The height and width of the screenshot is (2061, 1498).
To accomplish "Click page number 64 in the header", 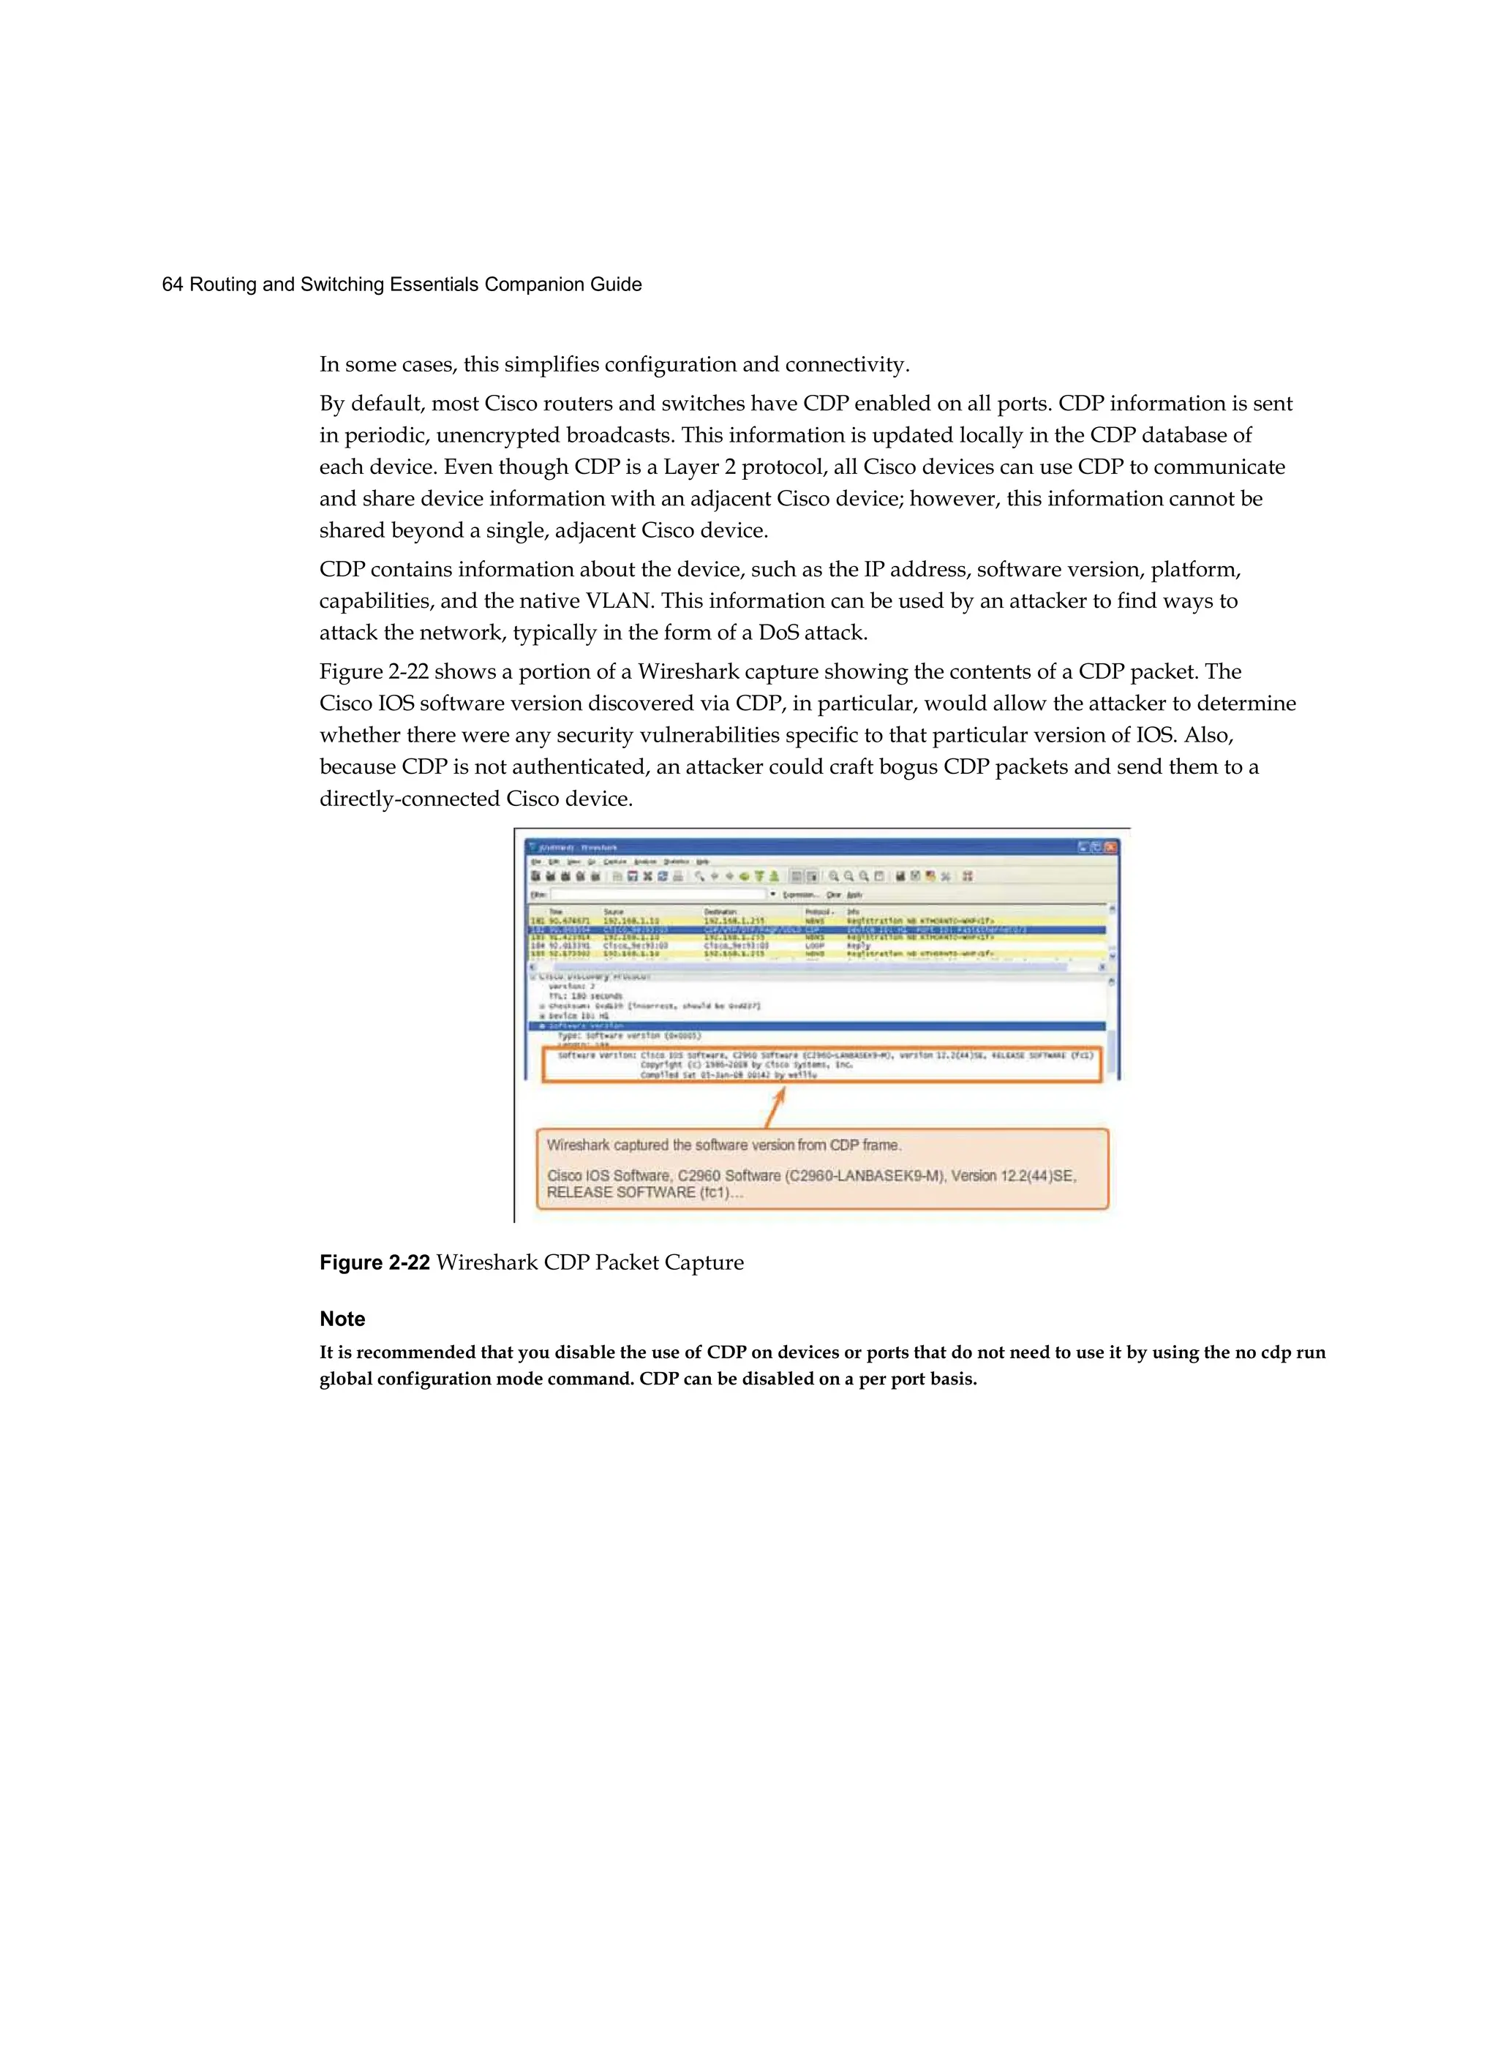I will click(x=172, y=285).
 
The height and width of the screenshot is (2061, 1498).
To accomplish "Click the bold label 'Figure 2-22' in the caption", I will click(x=374, y=1262).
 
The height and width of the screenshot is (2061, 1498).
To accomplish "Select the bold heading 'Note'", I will click(x=342, y=1319).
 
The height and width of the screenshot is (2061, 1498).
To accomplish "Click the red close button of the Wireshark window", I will click(x=1110, y=847).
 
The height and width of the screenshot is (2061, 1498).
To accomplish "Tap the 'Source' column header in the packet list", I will click(x=614, y=911).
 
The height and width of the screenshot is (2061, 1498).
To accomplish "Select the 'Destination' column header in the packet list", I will click(x=720, y=911).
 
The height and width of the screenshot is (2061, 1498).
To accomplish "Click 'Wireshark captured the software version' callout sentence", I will click(x=723, y=1145).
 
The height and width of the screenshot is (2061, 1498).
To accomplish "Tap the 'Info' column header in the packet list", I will click(x=853, y=911).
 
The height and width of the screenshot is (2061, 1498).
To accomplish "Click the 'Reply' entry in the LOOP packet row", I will click(x=858, y=946).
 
